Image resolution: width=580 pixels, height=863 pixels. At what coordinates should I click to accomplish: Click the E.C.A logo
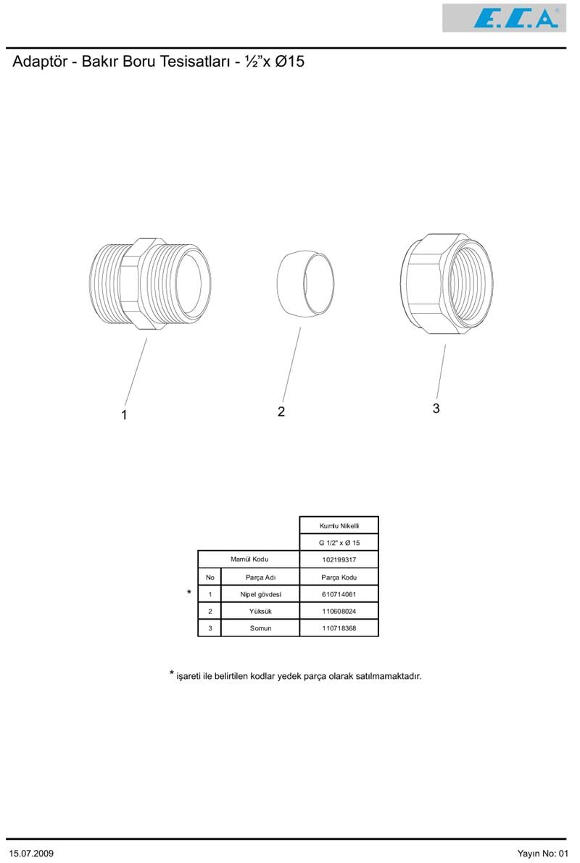504,18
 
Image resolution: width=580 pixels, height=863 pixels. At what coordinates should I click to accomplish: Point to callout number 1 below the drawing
124,415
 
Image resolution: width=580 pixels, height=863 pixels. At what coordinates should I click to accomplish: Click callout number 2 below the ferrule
281,412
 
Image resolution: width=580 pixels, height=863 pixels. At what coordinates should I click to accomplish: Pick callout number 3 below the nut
436,409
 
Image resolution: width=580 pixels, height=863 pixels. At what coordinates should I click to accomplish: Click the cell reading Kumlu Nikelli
339,525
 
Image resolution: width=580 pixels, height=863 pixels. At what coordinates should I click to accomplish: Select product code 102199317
339,559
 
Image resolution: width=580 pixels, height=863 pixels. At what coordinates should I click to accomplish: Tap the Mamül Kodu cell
249,559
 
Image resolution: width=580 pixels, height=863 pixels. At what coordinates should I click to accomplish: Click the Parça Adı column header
260,578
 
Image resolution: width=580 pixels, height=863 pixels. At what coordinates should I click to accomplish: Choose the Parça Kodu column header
339,578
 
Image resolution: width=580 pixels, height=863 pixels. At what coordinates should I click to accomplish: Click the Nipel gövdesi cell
260,594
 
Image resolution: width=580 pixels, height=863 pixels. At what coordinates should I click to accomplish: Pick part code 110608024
339,612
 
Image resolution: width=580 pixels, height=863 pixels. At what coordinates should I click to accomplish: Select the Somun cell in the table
260,628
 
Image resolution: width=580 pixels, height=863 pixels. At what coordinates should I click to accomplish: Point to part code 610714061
339,594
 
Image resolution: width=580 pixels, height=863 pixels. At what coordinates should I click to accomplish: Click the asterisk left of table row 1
189,592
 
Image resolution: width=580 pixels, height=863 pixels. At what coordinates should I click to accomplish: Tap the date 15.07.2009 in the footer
31,853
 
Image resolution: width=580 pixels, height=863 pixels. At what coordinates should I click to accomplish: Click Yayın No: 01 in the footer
542,853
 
